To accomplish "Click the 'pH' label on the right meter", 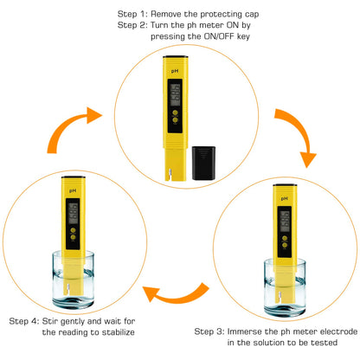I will point(283,197).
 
